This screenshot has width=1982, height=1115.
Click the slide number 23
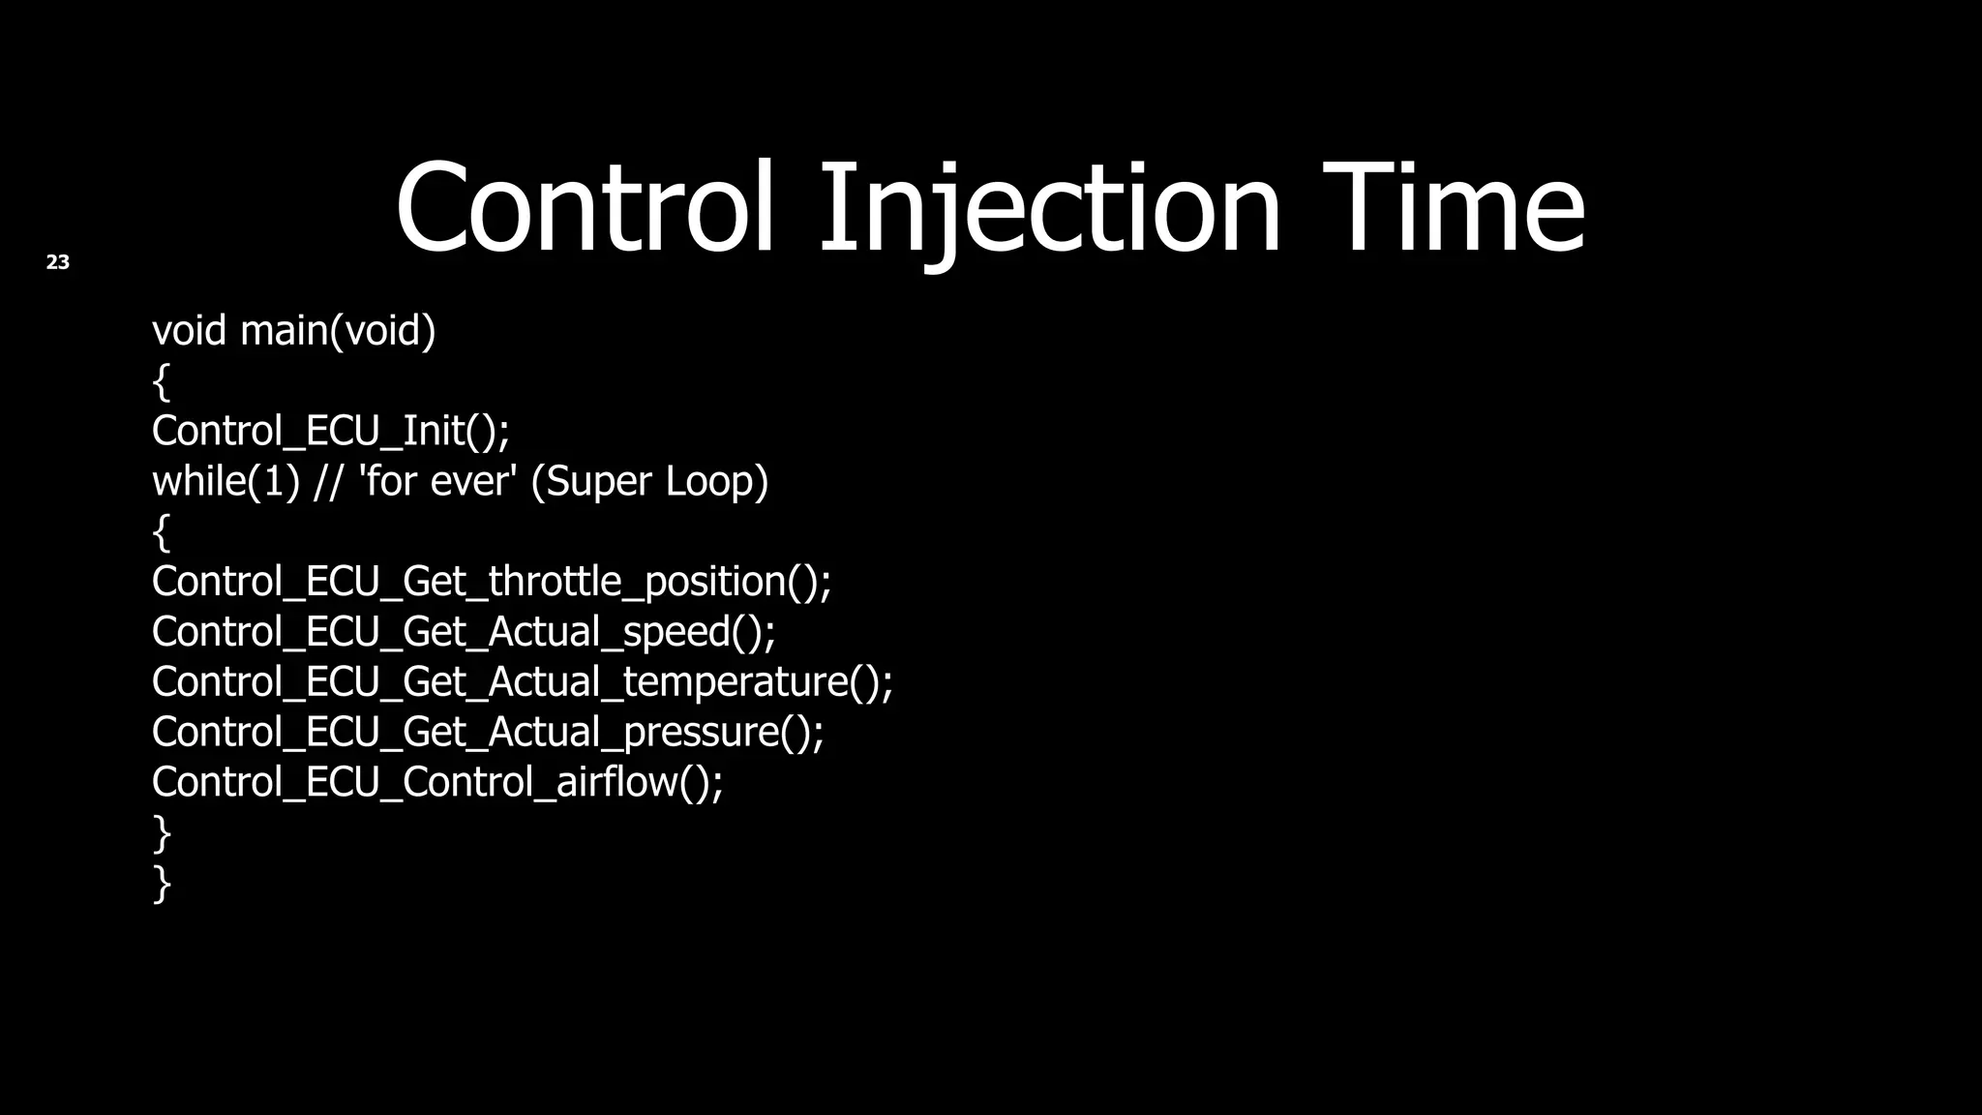pos(58,262)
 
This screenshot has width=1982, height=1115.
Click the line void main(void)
pos(293,331)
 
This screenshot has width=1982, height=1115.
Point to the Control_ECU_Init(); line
pos(330,432)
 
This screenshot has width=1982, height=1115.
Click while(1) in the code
pos(225,482)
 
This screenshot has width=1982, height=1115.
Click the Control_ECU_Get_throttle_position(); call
pos(491,582)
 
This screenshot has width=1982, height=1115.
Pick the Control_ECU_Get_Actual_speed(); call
pos(464,632)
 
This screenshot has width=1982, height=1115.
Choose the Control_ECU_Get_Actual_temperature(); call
pos(522,682)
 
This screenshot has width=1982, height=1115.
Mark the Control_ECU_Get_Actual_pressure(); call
pos(488,733)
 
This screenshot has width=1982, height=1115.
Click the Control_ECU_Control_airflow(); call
pos(436,782)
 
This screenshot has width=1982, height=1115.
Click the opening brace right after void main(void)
pos(162,381)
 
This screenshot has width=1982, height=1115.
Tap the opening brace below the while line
pos(162,532)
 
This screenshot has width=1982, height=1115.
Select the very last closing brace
pos(162,884)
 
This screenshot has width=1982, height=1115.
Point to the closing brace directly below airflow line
pos(162,833)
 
